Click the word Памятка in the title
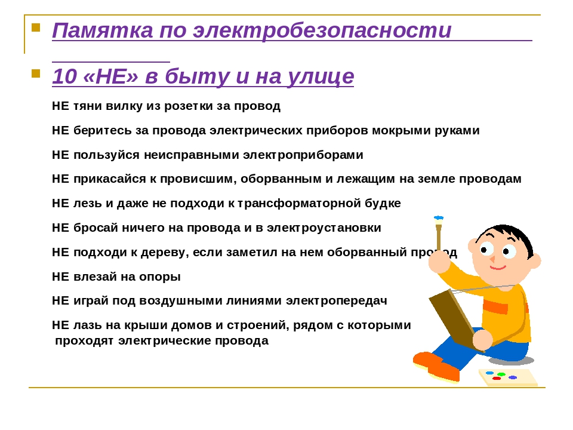[x=102, y=30]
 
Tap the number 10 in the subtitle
[x=64, y=76]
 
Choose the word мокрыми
[x=401, y=131]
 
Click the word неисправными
[x=192, y=155]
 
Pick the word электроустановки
[x=324, y=228]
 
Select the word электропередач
[x=336, y=301]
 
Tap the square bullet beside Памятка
[x=36, y=28]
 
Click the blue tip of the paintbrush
[x=439, y=219]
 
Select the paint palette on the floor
[x=508, y=377]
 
